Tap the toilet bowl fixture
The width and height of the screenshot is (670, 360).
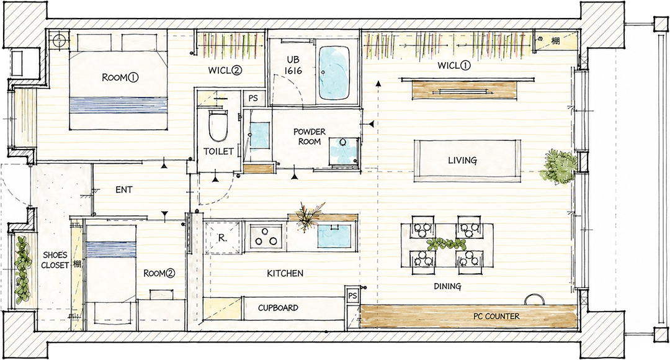(218, 126)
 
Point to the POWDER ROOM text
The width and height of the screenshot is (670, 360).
(310, 137)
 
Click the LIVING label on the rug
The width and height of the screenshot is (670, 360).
(462, 160)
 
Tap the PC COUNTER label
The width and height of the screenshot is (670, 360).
(496, 317)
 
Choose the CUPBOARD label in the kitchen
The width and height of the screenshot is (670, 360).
(278, 308)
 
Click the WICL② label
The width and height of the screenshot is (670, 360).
(225, 71)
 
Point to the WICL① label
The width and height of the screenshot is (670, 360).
(453, 65)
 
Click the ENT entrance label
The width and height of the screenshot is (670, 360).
(124, 189)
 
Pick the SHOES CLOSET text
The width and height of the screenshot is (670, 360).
(56, 260)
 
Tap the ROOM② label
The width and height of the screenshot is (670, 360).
(159, 272)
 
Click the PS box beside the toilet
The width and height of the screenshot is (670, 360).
(253, 98)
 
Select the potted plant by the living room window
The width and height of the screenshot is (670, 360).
(558, 167)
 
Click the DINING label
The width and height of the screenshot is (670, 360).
(447, 286)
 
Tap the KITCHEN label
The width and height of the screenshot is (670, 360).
(285, 272)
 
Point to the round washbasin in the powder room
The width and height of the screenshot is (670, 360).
(342, 142)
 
